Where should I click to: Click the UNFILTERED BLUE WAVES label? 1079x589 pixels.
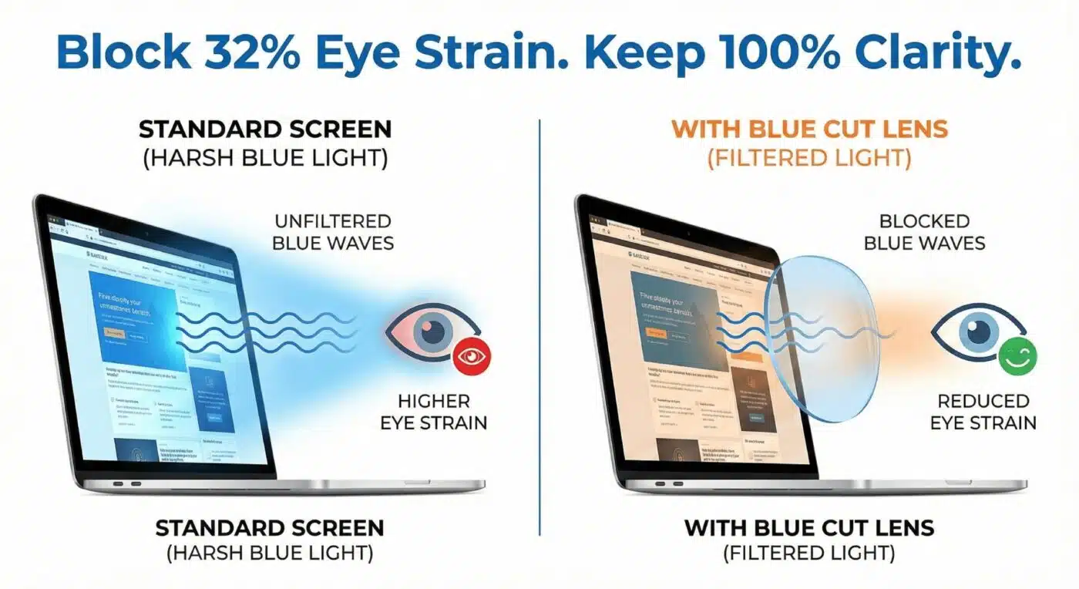pyautogui.click(x=334, y=232)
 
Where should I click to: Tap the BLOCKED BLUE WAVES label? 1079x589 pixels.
pyautogui.click(x=924, y=232)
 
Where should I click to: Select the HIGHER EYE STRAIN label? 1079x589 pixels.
pyautogui.click(x=434, y=412)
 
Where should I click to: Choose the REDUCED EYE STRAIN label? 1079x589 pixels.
pyautogui.click(x=983, y=412)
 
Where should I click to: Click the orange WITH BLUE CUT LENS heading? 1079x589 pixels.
pyautogui.click(x=809, y=129)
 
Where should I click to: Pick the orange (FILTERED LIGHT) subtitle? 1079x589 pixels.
pyautogui.click(x=809, y=160)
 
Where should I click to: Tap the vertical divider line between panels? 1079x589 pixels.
pyautogui.click(x=539, y=324)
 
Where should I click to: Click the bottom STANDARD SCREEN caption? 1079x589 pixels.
pyautogui.click(x=269, y=528)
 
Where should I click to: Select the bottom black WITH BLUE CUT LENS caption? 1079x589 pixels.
pyautogui.click(x=809, y=528)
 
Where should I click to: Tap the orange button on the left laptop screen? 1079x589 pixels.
pyautogui.click(x=115, y=334)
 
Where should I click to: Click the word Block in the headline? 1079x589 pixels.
pyautogui.click(x=123, y=52)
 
